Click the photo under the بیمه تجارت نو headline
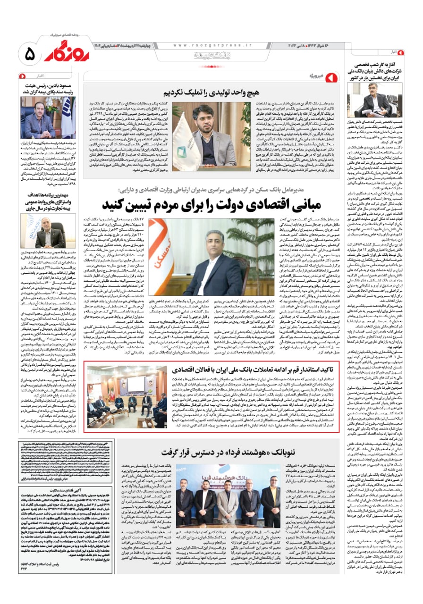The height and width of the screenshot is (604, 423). (x=48, y=230)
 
